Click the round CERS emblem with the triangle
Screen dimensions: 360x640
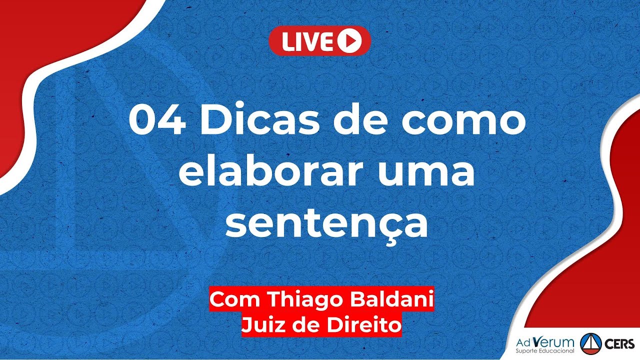(590, 344)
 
